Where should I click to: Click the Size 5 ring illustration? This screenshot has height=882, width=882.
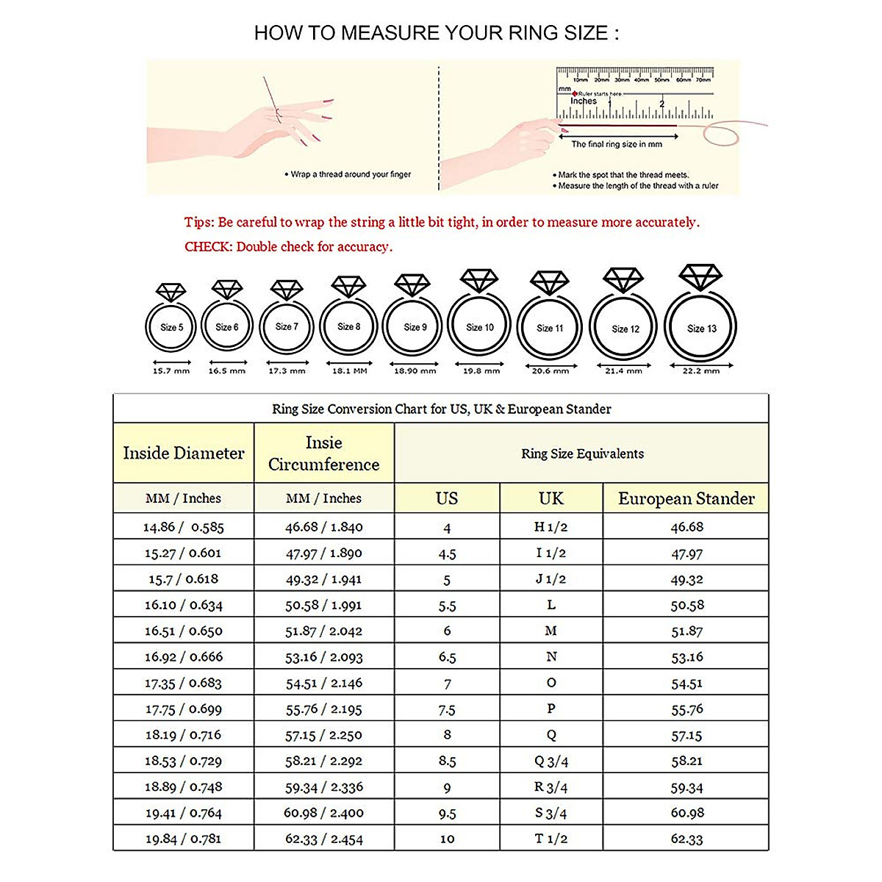171,327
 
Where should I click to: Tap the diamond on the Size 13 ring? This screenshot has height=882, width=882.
700,277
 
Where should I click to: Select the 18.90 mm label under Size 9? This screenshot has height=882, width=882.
415,371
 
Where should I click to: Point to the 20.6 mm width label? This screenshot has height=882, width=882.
551,371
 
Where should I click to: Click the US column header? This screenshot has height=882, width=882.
447,498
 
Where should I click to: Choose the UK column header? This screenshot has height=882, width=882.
551,498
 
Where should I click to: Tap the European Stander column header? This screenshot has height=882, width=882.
686,498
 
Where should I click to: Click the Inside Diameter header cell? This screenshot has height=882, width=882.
184,453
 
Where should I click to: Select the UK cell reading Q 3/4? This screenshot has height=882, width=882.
551,761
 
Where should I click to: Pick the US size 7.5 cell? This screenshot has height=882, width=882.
447,709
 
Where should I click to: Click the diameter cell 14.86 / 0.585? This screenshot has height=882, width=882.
184,527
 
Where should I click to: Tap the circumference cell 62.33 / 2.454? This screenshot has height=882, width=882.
324,839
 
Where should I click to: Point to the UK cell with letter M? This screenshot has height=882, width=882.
551,631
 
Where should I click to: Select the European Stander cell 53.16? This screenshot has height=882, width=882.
686,657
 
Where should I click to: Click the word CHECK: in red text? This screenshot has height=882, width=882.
208,247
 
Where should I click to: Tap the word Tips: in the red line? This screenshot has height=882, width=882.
198,222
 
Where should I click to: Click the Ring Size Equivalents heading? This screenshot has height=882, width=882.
582,453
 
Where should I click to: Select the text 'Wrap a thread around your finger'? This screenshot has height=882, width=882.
351,174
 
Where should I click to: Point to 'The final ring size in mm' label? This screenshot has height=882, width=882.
617,144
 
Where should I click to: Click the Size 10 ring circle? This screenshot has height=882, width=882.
479,327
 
